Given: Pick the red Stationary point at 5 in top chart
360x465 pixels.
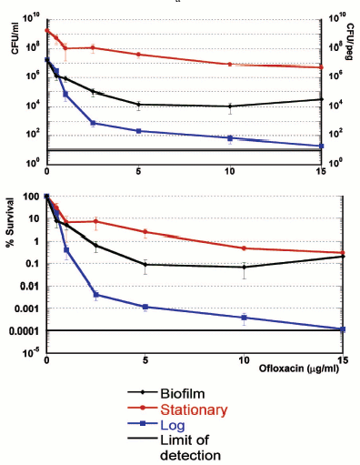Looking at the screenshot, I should click(138, 55).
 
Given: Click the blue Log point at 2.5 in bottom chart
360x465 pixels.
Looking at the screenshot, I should click(94, 294).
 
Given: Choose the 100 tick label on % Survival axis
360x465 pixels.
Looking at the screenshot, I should click(28, 196).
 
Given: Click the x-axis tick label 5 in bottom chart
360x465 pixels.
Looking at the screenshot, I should click(138, 361).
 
